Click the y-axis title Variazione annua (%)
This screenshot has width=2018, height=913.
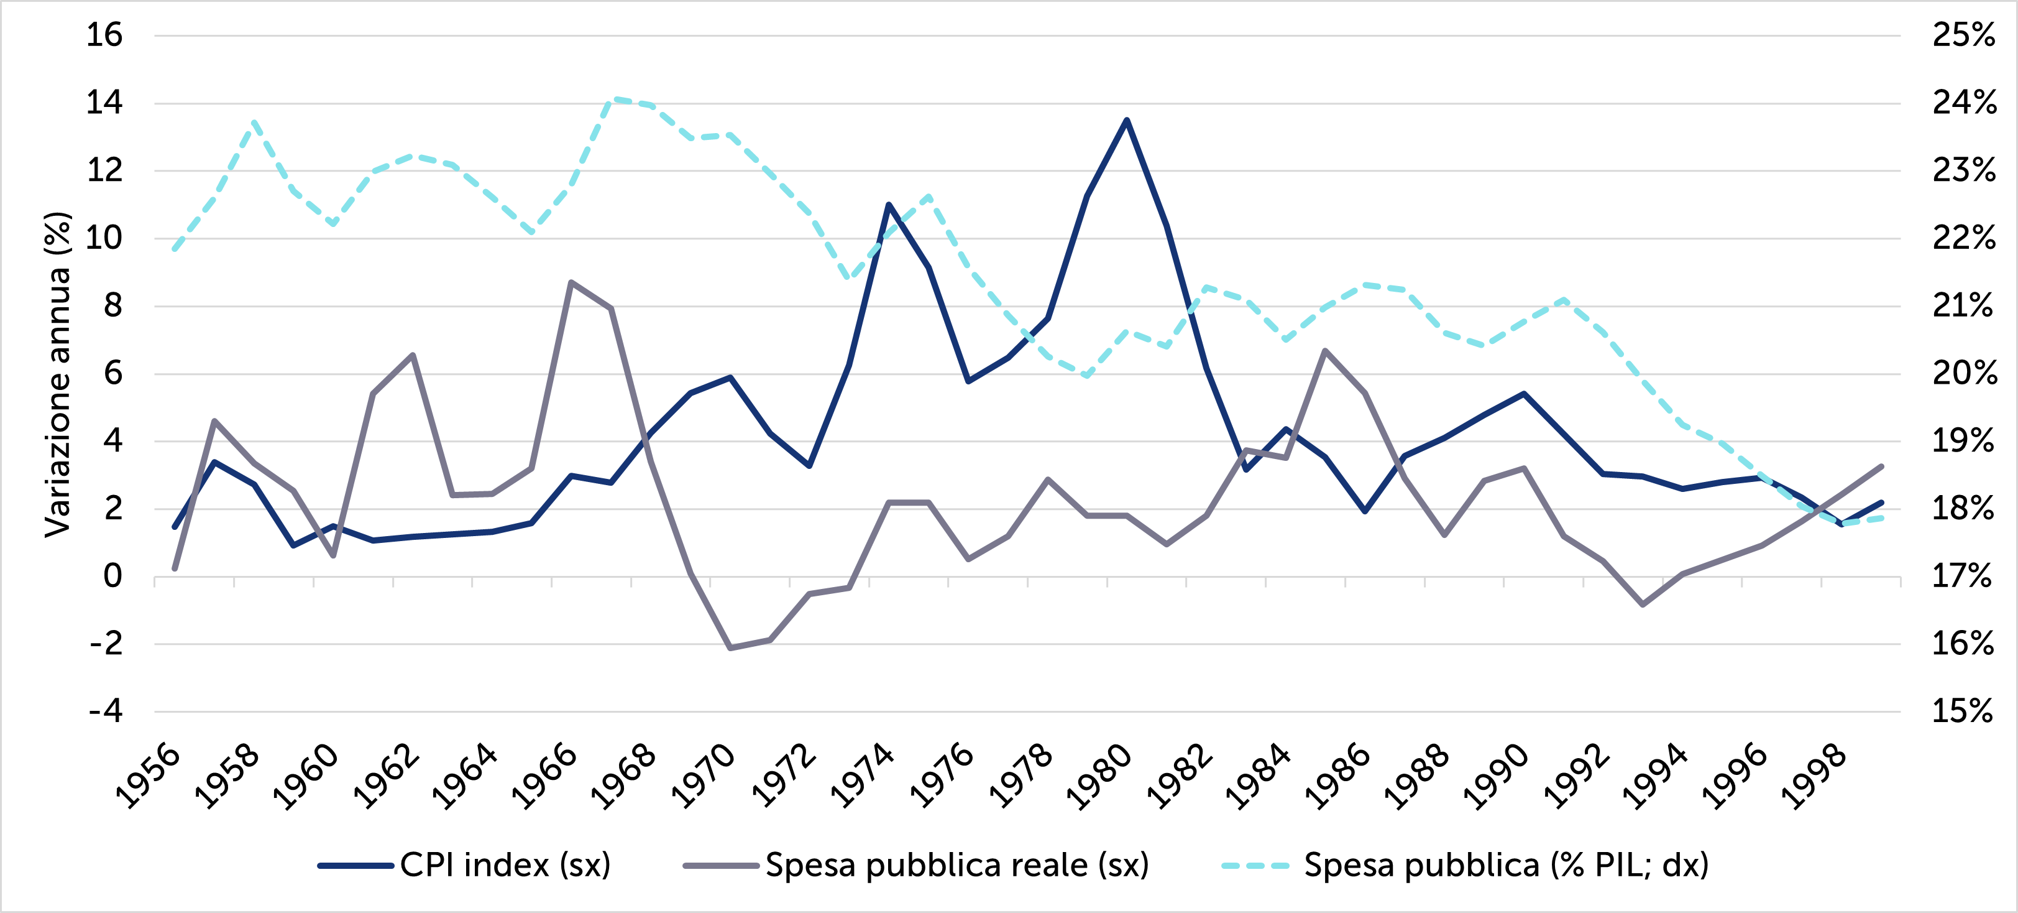point(58,374)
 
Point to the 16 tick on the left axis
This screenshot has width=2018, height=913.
point(104,35)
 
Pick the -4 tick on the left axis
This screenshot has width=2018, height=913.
point(106,711)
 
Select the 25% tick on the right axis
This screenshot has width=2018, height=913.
point(1963,35)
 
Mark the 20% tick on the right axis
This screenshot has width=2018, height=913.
point(1963,373)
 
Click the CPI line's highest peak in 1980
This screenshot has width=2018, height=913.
point(1127,120)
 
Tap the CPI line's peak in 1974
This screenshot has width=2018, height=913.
point(888,205)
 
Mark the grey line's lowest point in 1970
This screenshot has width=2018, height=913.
point(730,648)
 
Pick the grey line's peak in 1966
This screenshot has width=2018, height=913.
point(571,282)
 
